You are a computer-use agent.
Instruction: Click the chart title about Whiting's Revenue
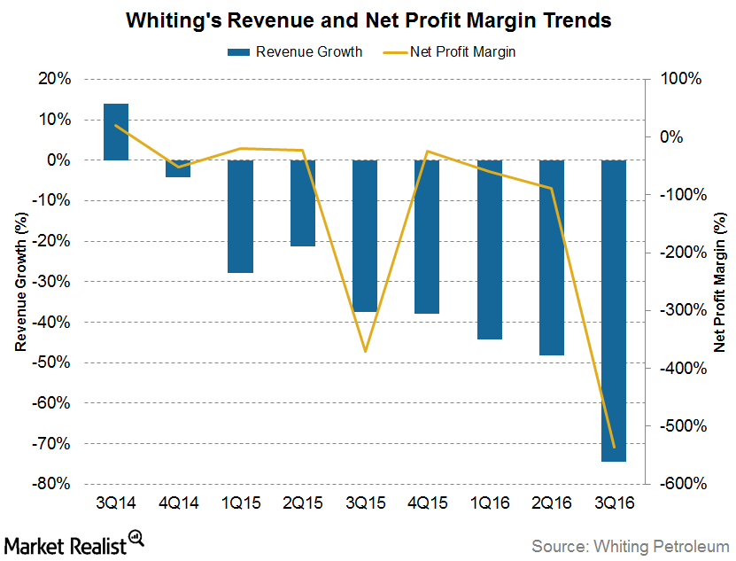tap(368, 19)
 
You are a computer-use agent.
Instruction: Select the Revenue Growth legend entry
tap(297, 51)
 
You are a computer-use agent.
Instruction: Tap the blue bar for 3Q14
tap(116, 132)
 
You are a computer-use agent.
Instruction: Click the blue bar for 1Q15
tap(241, 216)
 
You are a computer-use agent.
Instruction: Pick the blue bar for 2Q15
tap(303, 203)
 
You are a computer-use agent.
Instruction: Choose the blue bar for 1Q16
tap(490, 249)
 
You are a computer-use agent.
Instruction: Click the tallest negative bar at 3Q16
tap(615, 310)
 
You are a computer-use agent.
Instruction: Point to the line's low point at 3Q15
tap(365, 352)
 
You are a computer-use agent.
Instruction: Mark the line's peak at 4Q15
tap(428, 151)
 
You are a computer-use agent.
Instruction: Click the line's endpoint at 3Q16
tap(615, 448)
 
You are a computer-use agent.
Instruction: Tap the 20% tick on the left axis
tap(56, 79)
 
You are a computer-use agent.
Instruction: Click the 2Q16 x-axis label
tap(552, 502)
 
